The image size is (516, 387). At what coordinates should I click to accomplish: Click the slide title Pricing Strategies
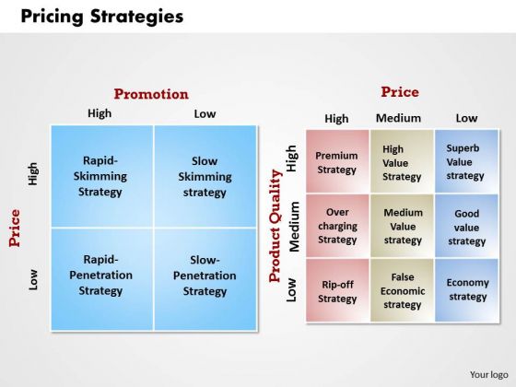[102, 17]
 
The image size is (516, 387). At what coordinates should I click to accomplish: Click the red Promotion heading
[151, 94]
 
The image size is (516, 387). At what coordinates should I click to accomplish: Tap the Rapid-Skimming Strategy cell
[102, 176]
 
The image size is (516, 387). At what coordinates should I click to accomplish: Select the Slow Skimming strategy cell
[205, 176]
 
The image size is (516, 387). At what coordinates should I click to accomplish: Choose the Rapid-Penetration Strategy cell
[102, 279]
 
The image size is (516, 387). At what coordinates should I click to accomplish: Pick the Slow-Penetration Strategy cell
[205, 279]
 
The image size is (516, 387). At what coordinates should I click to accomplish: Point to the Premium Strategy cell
[337, 161]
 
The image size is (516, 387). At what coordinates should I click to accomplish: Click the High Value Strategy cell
[402, 161]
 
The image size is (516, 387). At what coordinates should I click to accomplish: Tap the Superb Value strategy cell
[466, 161]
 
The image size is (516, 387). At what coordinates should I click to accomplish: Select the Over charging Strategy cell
[337, 226]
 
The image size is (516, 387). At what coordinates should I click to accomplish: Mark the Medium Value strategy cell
[402, 226]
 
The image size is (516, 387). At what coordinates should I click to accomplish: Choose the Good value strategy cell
[466, 226]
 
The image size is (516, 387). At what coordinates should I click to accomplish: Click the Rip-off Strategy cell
[337, 290]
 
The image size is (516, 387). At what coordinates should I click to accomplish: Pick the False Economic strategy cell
[402, 290]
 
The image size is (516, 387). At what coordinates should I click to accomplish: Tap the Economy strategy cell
[466, 290]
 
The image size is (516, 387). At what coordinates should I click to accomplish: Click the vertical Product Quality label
[276, 226]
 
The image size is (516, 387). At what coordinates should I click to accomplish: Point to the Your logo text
[488, 375]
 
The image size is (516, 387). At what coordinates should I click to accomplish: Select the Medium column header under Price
[398, 118]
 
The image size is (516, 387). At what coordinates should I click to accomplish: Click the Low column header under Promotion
[205, 114]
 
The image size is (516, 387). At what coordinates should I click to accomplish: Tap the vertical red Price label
[15, 228]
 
